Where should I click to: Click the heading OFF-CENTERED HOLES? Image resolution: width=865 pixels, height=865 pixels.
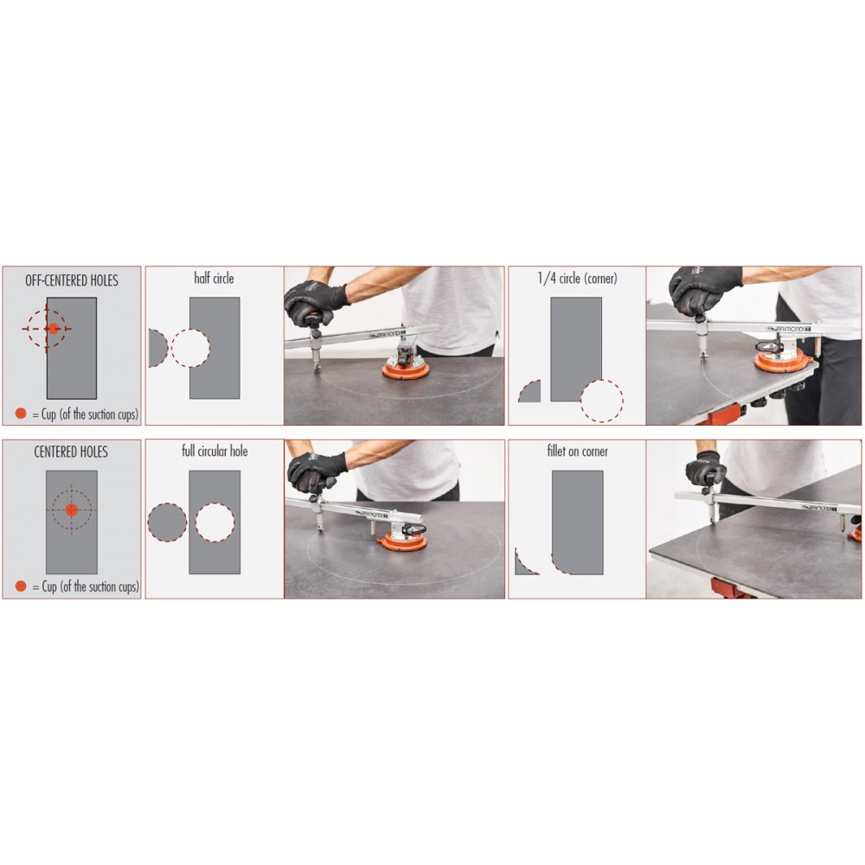click(x=72, y=280)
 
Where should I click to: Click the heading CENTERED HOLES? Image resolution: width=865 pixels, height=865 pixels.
click(x=71, y=452)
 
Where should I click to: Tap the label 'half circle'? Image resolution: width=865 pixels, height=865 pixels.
click(x=214, y=278)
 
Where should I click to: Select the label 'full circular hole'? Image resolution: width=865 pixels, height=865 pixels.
click(x=215, y=452)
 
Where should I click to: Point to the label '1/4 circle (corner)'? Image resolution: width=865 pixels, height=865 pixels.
click(x=578, y=278)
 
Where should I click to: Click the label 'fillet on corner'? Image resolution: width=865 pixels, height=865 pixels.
click(x=578, y=452)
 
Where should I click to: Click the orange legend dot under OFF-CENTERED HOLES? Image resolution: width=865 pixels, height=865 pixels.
click(x=21, y=413)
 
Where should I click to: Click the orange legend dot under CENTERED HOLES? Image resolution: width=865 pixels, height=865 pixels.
click(x=21, y=586)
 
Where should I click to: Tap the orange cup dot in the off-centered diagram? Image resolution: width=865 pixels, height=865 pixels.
click(x=54, y=328)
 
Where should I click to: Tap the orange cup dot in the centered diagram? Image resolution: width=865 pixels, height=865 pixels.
click(x=71, y=509)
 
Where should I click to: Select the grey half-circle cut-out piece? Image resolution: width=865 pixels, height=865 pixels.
click(x=157, y=348)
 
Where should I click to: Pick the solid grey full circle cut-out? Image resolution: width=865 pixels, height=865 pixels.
click(x=167, y=522)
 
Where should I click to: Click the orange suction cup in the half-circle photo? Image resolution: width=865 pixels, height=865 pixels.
click(x=406, y=368)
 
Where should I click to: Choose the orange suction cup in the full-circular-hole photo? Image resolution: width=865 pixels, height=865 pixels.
click(x=402, y=542)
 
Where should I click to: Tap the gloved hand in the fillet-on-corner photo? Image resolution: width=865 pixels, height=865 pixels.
click(x=706, y=469)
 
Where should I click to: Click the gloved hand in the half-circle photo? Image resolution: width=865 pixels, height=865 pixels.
click(x=315, y=302)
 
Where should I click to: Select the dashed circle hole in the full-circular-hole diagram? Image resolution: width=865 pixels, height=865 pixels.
click(x=195, y=522)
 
